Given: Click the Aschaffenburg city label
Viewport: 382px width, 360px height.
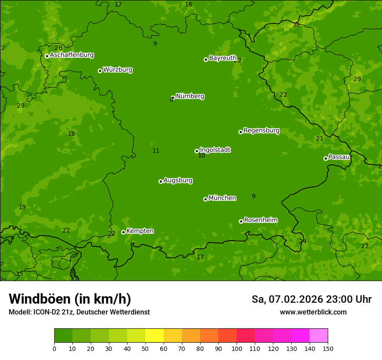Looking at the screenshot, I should tap(72, 55).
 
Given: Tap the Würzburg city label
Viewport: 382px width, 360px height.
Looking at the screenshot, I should tap(118, 70).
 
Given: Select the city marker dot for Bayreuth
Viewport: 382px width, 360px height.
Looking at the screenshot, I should tap(206, 59).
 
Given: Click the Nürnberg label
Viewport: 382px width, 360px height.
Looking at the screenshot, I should tap(190, 96).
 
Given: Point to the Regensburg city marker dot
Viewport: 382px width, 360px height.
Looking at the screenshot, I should tap(240, 132).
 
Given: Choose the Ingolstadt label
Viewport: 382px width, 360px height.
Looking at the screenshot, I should tap(215, 150).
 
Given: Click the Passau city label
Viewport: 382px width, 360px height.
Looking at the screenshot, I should tap(339, 157).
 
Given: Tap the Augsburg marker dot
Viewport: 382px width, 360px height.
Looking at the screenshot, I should tap(161, 181).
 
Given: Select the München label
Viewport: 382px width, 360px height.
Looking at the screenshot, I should tap(222, 198).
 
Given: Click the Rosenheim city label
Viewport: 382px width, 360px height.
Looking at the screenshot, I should tap(260, 220).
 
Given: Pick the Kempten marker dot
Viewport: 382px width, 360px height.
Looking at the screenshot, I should tap(123, 232).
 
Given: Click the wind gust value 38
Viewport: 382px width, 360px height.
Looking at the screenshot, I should tap(296, 25).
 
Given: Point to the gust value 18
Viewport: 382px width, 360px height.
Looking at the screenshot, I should tap(71, 134).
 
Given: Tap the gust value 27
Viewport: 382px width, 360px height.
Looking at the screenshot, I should tap(365, 246).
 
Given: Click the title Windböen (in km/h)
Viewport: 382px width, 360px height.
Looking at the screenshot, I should tap(70, 299).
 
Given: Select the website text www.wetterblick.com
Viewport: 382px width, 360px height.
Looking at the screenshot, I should tap(313, 312).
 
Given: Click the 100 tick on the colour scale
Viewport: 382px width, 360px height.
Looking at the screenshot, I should tap(237, 348).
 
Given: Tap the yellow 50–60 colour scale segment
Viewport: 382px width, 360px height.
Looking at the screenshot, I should tap(155, 336).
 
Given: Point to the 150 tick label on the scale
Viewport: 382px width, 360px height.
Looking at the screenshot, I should tap(328, 348).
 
